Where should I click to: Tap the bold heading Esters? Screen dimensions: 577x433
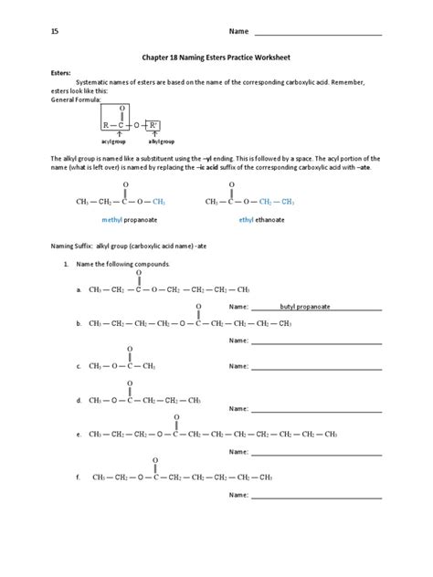[x=60, y=71]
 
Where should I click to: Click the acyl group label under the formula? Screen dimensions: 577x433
[x=117, y=143]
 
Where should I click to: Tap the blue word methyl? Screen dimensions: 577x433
[x=111, y=220]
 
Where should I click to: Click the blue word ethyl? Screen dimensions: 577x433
[x=246, y=220]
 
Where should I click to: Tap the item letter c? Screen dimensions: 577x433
[x=79, y=365]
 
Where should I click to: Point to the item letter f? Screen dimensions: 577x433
[x=79, y=477]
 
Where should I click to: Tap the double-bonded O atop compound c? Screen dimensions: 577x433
[x=131, y=349]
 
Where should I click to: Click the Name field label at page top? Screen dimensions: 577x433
[x=238, y=32]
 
